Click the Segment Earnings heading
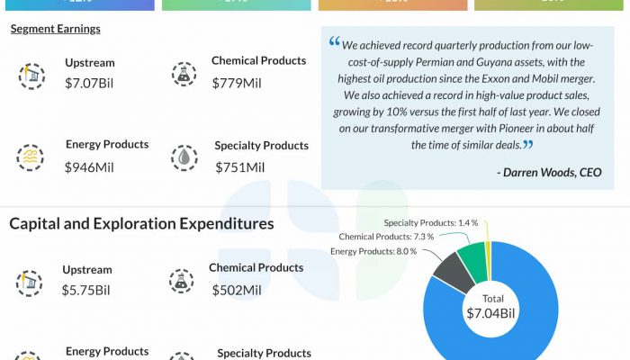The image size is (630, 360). (x=56, y=29)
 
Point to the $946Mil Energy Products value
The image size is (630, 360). (x=89, y=166)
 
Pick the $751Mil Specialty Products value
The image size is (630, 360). (x=239, y=166)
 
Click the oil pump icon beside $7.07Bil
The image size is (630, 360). (x=31, y=76)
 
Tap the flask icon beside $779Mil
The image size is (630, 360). (x=184, y=75)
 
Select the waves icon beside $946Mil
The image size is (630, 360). (x=31, y=157)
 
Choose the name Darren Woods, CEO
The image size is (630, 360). (x=548, y=172)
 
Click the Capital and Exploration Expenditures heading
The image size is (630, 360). (x=141, y=223)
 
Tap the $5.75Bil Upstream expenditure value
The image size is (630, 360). (x=85, y=290)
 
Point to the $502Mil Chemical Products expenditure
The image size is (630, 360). (x=236, y=290)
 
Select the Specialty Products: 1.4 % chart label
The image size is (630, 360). (x=430, y=222)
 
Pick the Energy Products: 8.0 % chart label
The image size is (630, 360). (x=373, y=251)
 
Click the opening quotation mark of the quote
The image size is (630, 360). (x=335, y=42)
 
